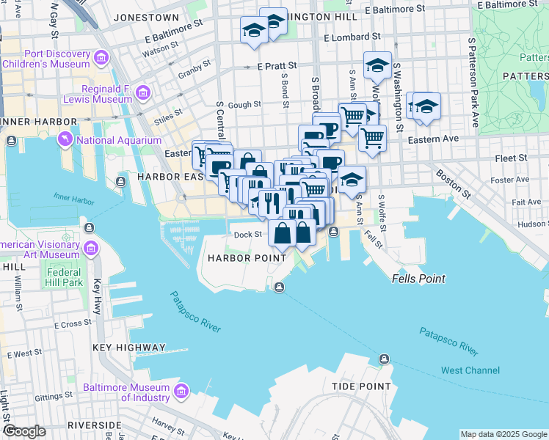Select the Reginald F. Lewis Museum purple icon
point(143,92)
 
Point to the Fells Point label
point(418,279)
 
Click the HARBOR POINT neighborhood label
point(247,258)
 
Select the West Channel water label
point(470,370)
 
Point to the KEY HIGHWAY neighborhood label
point(129,348)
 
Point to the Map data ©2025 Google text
point(503,434)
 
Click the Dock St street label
point(247,235)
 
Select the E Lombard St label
point(352,36)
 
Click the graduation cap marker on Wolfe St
point(377,65)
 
